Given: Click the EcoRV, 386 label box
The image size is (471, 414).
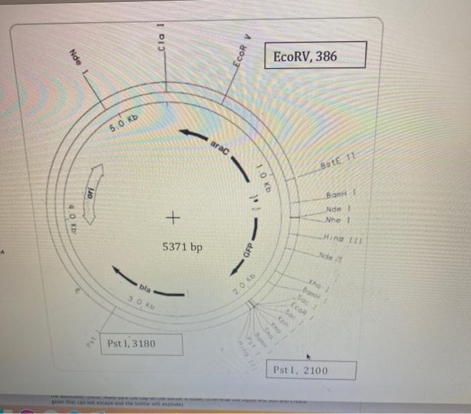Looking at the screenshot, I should coord(316,55).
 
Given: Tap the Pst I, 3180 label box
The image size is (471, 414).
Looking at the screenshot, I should coord(141,345).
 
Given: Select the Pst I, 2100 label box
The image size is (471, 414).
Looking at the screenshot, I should coord(314,371).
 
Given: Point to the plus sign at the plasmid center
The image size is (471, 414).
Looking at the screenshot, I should coord(174,218).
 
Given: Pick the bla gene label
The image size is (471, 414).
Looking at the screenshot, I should coord(146,287).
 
